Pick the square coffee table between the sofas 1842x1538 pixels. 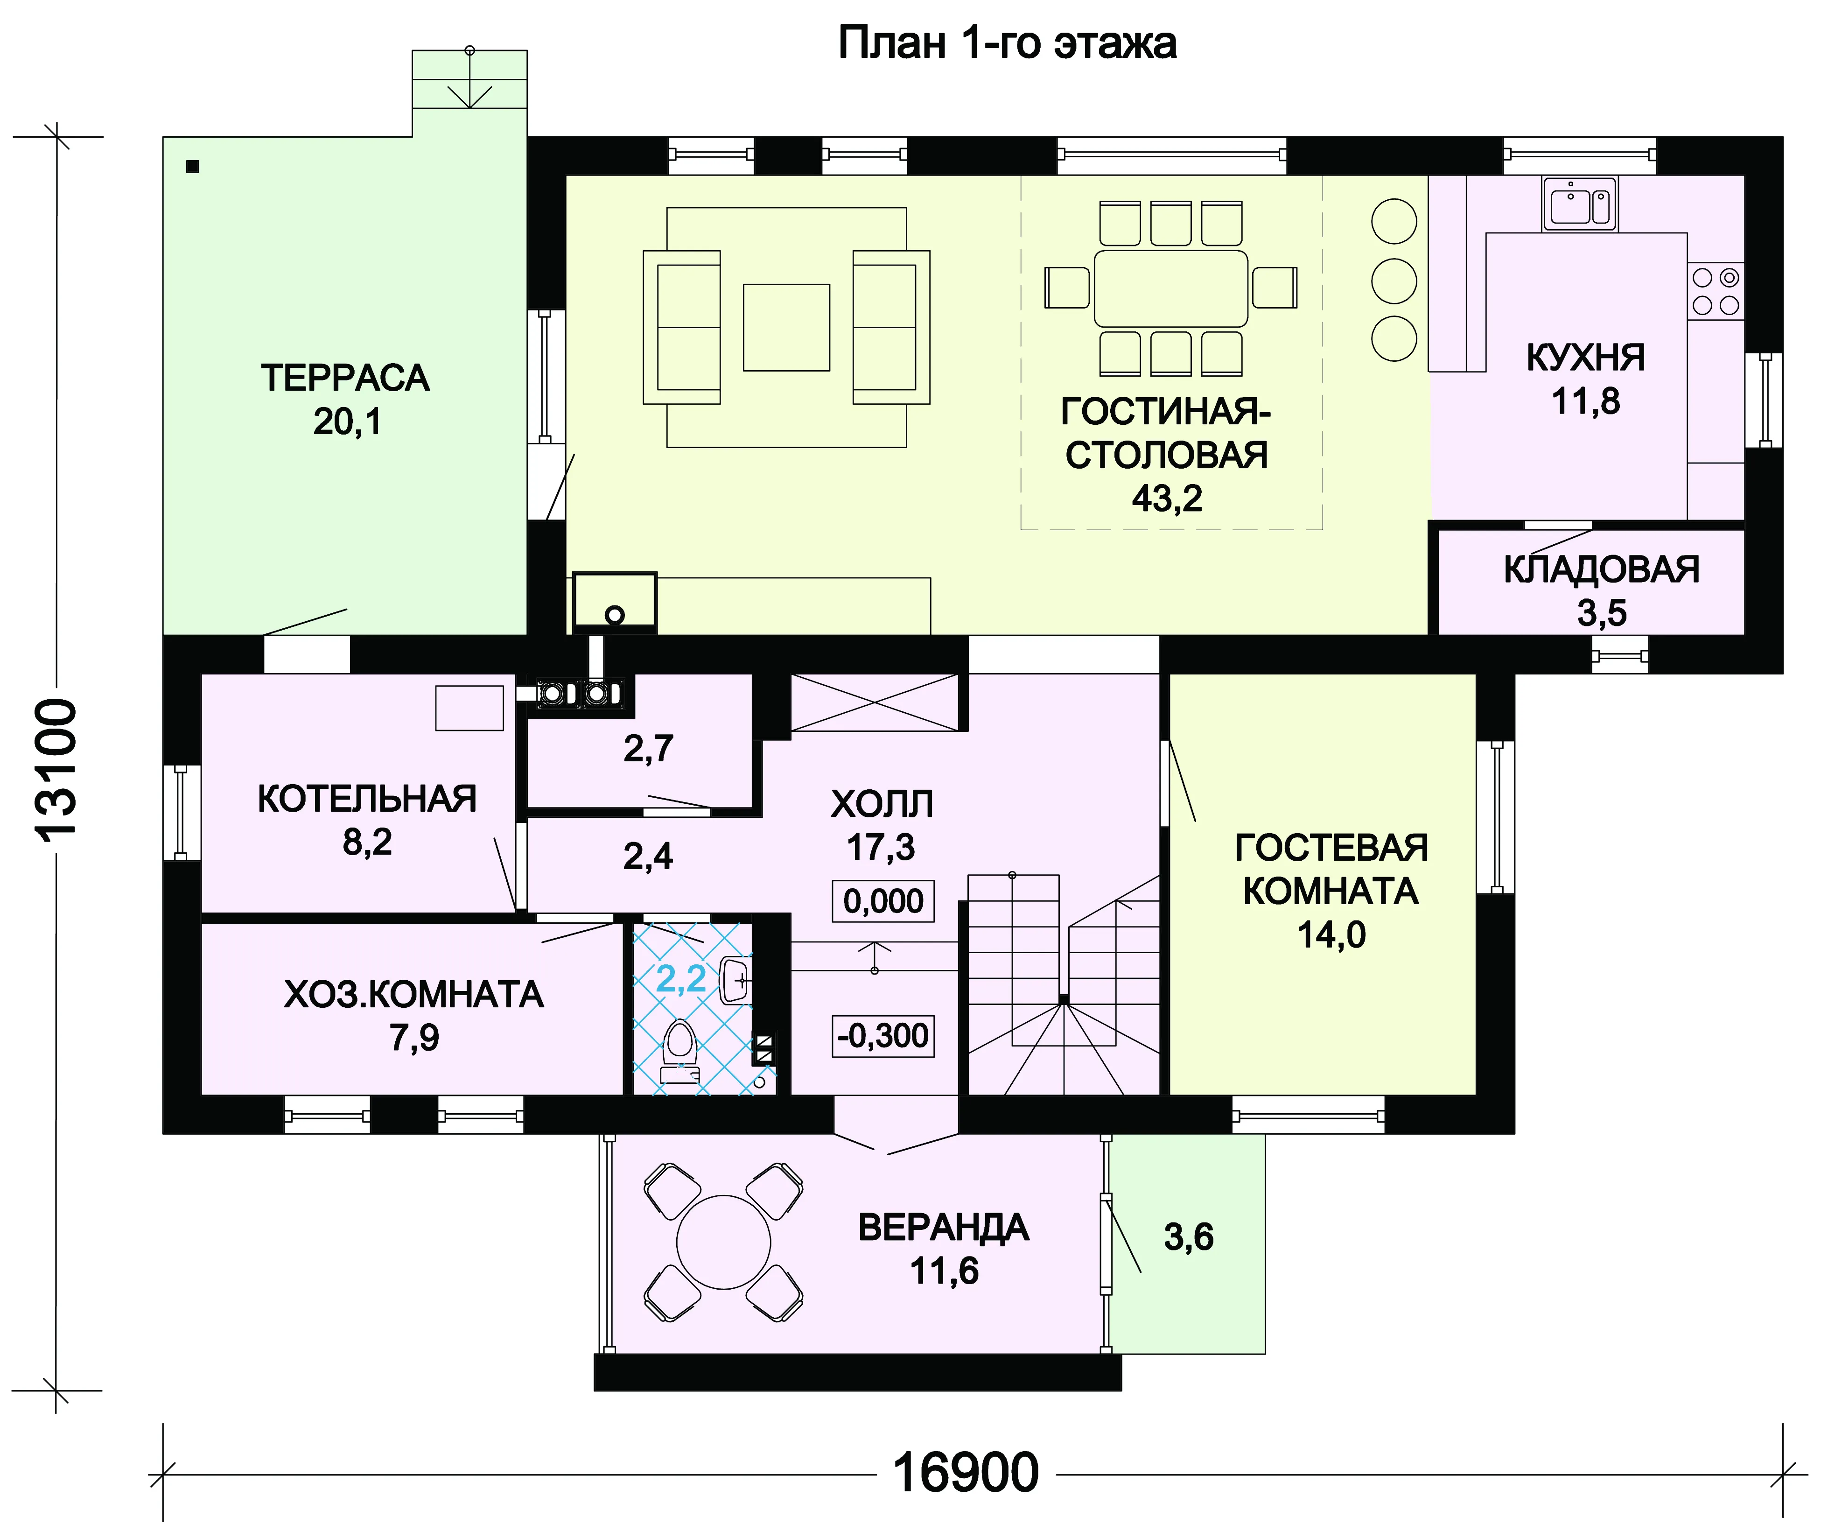click(x=786, y=327)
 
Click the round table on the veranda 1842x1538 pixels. click(x=724, y=1243)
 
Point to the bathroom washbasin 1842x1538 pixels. click(x=735, y=981)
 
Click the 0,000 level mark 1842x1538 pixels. click(x=883, y=901)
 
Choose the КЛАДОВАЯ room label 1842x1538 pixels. click(x=1602, y=569)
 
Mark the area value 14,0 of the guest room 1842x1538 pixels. click(x=1331, y=935)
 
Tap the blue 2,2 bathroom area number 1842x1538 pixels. click(x=681, y=978)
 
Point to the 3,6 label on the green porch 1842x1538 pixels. click(x=1189, y=1237)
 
